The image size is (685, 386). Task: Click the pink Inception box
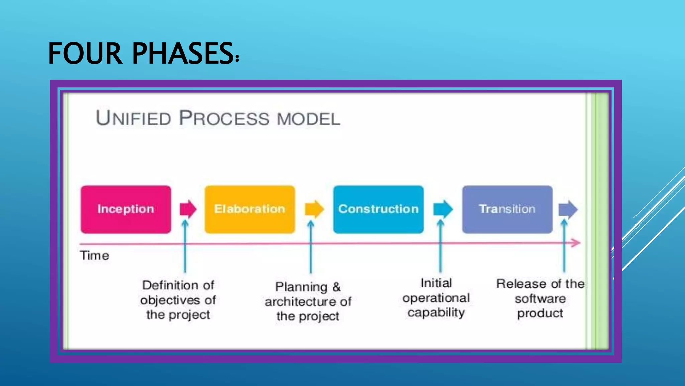tap(126, 209)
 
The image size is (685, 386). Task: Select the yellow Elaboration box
tap(250, 209)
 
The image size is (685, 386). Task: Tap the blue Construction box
tap(378, 209)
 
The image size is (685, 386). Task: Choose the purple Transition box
tap(507, 209)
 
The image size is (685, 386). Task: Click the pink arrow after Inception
tap(188, 209)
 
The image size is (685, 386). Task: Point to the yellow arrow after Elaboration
tap(314, 209)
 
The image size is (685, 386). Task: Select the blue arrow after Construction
tap(443, 209)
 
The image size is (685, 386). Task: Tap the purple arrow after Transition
tap(568, 209)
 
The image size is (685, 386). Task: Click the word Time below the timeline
tap(94, 256)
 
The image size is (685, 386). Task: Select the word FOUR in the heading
tap(85, 54)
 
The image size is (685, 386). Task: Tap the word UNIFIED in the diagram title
tap(133, 118)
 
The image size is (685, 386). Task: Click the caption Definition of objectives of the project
tap(178, 300)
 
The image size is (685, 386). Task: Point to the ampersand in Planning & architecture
tap(336, 287)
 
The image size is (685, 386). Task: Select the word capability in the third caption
tap(436, 313)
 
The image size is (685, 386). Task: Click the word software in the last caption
tap(540, 299)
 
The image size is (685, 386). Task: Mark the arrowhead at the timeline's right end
tap(576, 243)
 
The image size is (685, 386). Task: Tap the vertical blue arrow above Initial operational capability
tap(441, 248)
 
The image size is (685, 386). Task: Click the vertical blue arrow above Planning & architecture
tap(311, 248)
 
